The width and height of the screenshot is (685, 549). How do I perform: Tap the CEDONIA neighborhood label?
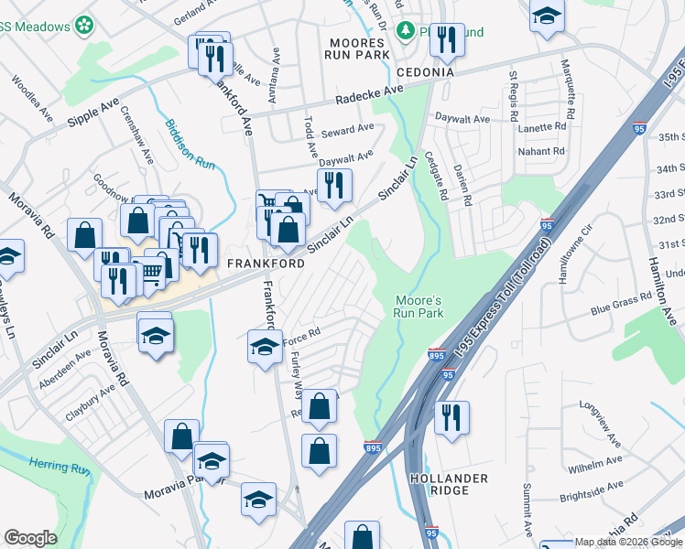point(426,71)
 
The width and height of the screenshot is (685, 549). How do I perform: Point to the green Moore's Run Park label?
point(419,307)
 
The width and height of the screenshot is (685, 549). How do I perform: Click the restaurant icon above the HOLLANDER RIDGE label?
point(451,416)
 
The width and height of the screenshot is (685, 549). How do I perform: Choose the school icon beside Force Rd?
point(265,346)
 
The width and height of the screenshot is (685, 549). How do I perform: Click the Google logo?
point(30,538)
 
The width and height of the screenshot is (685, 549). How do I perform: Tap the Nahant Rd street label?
point(541,151)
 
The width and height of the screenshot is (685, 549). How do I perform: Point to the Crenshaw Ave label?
point(138,145)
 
